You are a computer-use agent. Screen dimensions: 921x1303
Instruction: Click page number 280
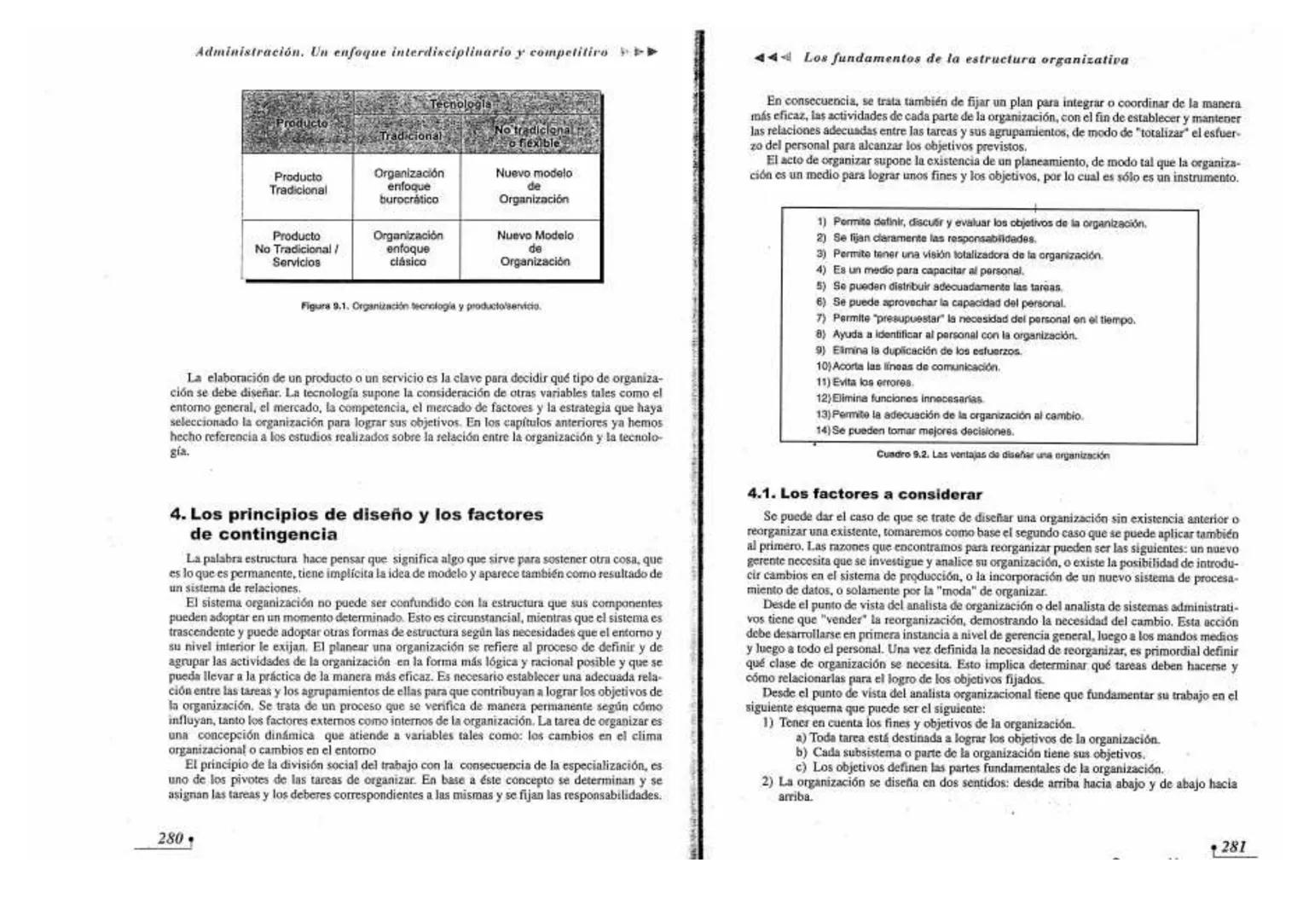pyautogui.click(x=171, y=838)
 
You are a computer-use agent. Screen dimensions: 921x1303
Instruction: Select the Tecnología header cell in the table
pyautogui.click(x=460, y=104)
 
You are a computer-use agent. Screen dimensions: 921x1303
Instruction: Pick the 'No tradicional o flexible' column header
pyautogui.click(x=533, y=136)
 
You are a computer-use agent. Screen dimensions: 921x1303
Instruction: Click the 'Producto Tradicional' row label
pyautogui.click(x=298, y=183)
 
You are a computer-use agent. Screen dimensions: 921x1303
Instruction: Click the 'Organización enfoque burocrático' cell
pyautogui.click(x=407, y=186)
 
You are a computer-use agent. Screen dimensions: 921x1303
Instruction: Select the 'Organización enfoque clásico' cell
pyautogui.click(x=407, y=249)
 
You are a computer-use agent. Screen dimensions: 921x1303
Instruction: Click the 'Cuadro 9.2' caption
pyautogui.click(x=993, y=455)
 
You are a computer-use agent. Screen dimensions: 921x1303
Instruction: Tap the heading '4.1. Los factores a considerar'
pyautogui.click(x=865, y=494)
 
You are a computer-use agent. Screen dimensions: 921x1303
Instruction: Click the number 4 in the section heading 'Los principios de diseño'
pyautogui.click(x=177, y=514)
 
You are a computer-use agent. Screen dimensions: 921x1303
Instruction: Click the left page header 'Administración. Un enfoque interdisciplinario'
pyautogui.click(x=401, y=51)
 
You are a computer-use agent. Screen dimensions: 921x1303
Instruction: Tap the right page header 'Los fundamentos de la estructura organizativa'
pyautogui.click(x=965, y=60)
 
